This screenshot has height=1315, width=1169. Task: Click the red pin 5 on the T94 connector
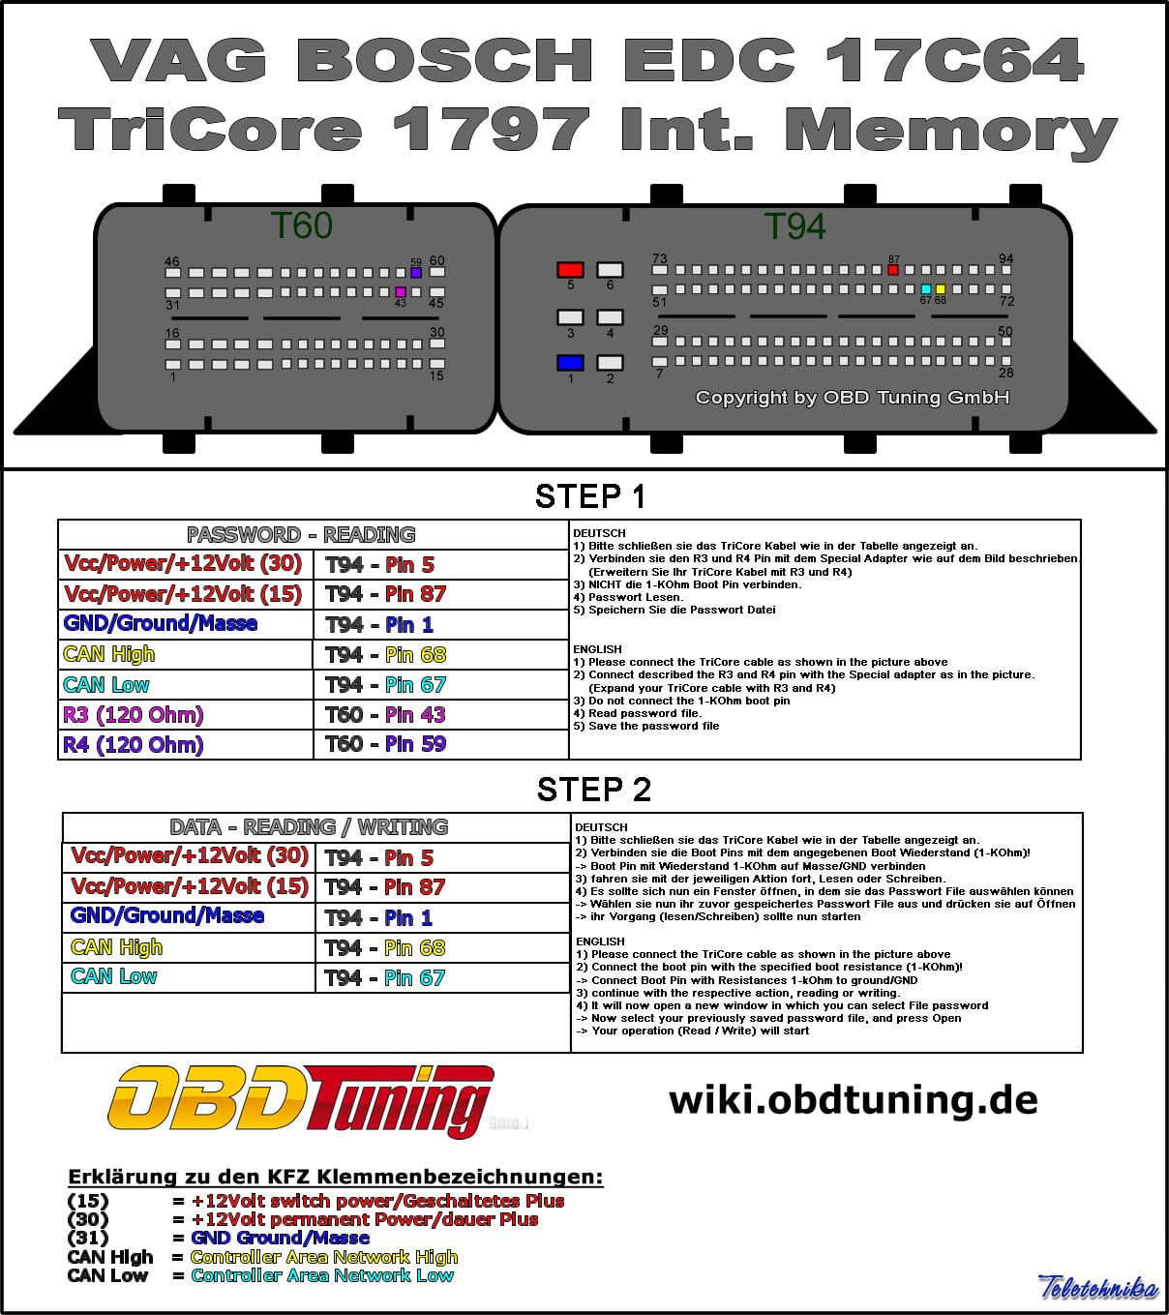[x=570, y=270]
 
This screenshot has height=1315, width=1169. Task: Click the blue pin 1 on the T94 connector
[x=570, y=363]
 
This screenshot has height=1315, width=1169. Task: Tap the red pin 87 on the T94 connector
[x=893, y=270]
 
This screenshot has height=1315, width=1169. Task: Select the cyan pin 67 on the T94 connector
[x=926, y=289]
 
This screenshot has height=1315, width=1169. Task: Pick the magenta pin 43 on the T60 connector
[x=401, y=291]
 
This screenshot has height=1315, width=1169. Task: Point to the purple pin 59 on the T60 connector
[x=416, y=273]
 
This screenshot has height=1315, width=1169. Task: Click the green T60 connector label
[x=301, y=226]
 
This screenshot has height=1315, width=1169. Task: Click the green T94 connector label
[x=794, y=226]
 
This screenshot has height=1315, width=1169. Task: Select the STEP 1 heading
[x=589, y=496]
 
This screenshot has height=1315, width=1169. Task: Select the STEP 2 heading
[x=593, y=790]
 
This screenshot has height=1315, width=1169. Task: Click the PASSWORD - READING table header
[x=301, y=535]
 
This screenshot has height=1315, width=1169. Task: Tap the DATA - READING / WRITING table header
[x=309, y=827]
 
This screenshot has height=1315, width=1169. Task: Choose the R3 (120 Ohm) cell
[x=134, y=715]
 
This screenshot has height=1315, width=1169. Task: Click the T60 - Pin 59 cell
[x=385, y=744]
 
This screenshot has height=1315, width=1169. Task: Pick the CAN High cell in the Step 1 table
[x=109, y=655]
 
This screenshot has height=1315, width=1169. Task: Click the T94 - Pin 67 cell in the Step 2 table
[x=385, y=978]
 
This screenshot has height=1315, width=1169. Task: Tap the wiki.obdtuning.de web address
[x=853, y=1100]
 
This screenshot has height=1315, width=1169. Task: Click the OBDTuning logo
[x=300, y=1100]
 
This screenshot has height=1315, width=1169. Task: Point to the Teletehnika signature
[x=1098, y=1288]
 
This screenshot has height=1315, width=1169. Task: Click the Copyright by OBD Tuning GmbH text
[x=852, y=398]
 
